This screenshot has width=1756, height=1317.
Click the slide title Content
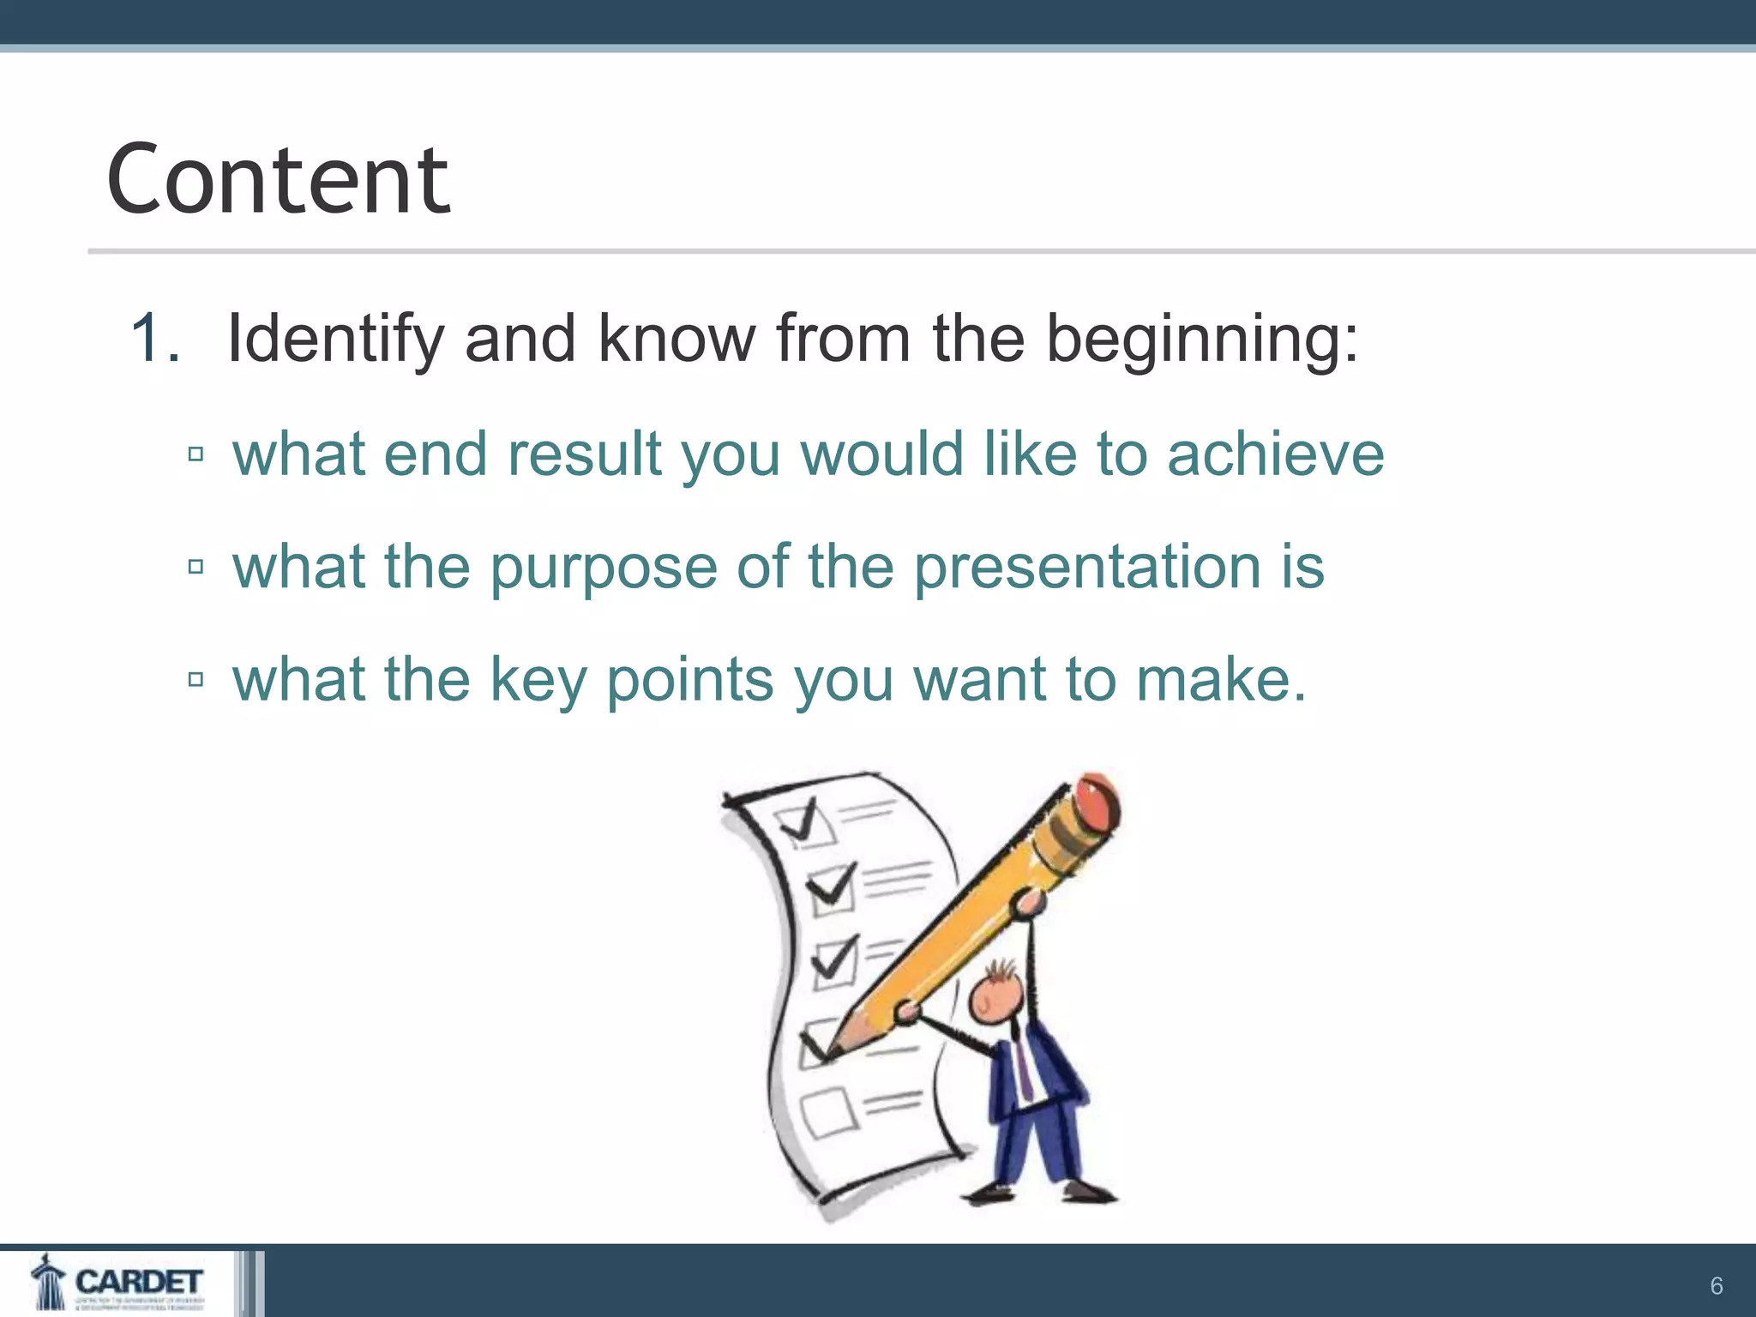(278, 180)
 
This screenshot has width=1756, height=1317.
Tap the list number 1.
(154, 339)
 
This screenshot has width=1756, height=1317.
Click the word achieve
(1275, 454)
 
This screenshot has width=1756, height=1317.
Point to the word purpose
(603, 568)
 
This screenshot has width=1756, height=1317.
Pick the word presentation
(1086, 568)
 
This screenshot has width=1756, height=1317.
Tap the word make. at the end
(1221, 680)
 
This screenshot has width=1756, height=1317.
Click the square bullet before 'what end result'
(195, 454)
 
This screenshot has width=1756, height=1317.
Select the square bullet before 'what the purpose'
(195, 567)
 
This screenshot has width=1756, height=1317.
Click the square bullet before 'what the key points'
(195, 680)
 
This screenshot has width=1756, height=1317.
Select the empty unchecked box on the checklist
(828, 1111)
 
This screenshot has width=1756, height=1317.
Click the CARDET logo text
(139, 1282)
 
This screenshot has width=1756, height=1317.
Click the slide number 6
(1716, 1286)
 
